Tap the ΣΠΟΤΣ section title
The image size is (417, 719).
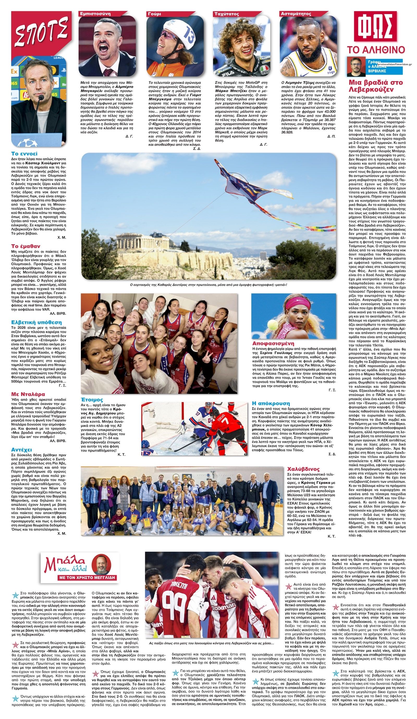[40, 33]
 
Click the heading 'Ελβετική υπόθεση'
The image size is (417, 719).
[36, 322]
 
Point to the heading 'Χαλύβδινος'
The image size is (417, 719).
[303, 469]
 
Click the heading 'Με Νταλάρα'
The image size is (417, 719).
[28, 394]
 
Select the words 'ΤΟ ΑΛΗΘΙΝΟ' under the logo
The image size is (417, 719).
[375, 49]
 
